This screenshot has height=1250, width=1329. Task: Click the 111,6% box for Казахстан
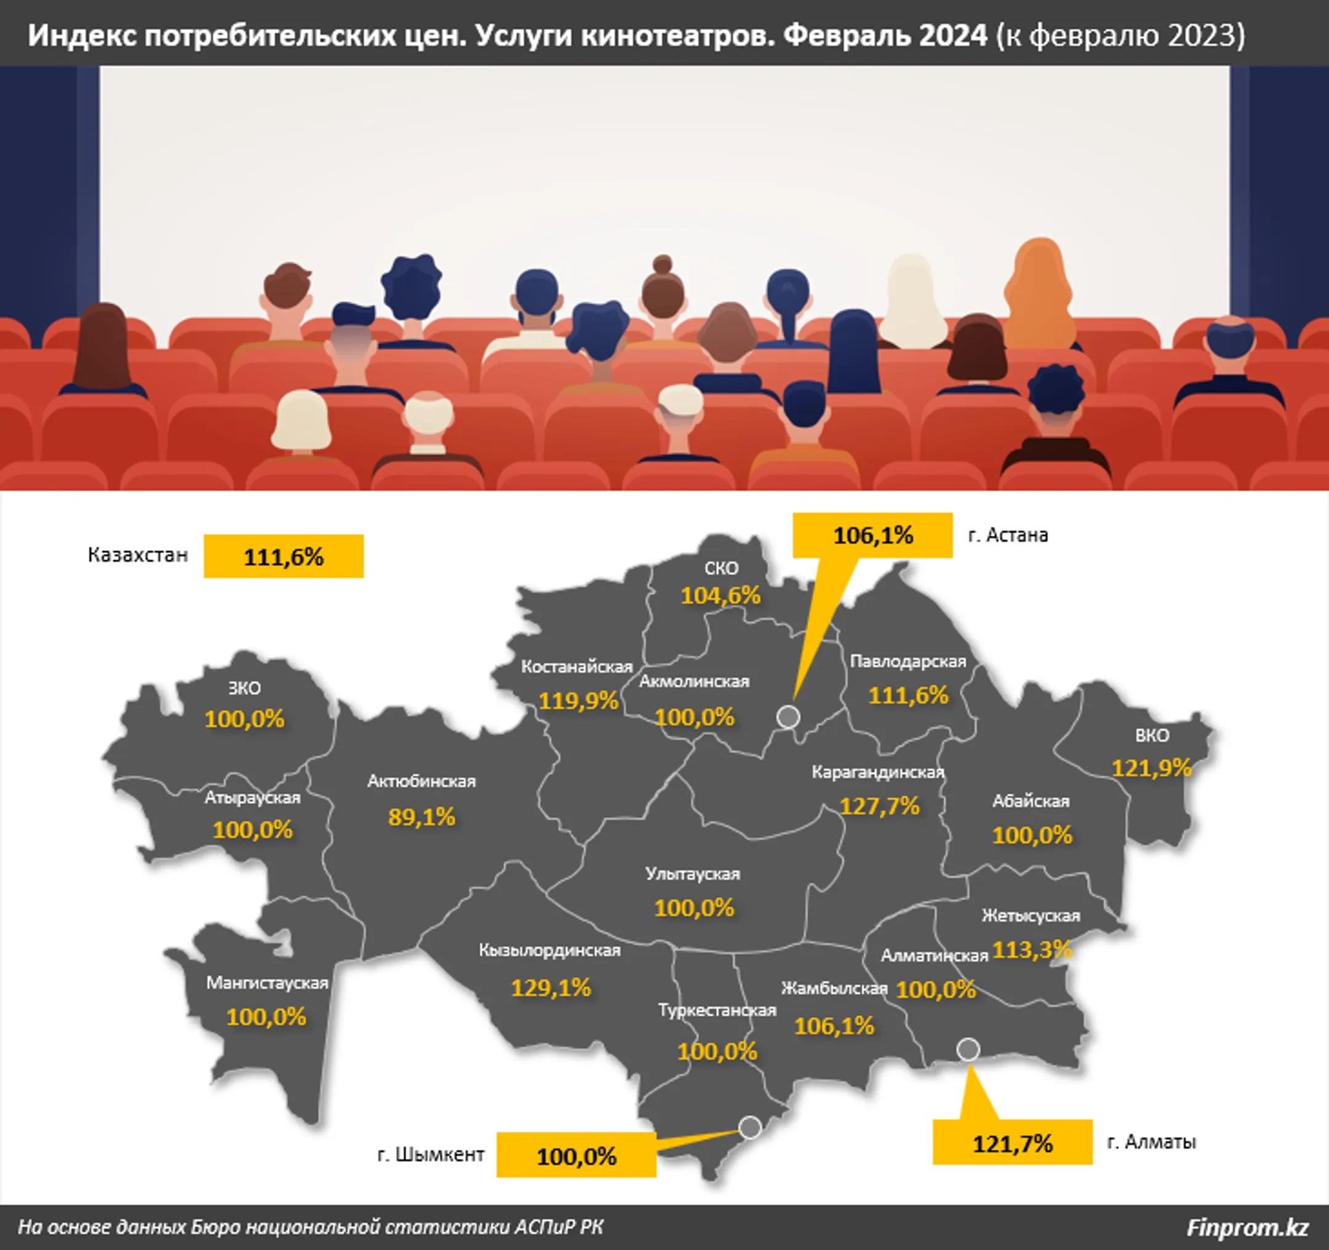pos(284,556)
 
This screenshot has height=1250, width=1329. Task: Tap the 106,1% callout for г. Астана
pos(872,535)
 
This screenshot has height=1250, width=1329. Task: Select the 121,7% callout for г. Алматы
pos(1012,1144)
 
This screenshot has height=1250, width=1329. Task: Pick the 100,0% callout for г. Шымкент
pos(577,1157)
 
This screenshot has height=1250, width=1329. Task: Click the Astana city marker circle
pos(788,716)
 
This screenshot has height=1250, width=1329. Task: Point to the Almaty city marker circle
pos(967,1050)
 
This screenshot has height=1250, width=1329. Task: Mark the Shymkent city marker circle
pos(750,1127)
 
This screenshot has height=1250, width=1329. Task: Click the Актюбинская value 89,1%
pos(421,817)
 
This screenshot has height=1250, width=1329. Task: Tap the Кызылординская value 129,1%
pos(551,987)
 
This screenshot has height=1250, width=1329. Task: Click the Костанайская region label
pos(577,667)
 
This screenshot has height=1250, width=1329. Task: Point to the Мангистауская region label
pos(267,983)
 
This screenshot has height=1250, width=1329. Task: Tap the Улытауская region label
pos(693,874)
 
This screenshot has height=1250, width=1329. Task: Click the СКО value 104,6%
pos(720,595)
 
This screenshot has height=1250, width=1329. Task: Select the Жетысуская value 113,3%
pos(1031,949)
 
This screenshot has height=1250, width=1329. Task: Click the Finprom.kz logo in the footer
pos(1247,1227)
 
